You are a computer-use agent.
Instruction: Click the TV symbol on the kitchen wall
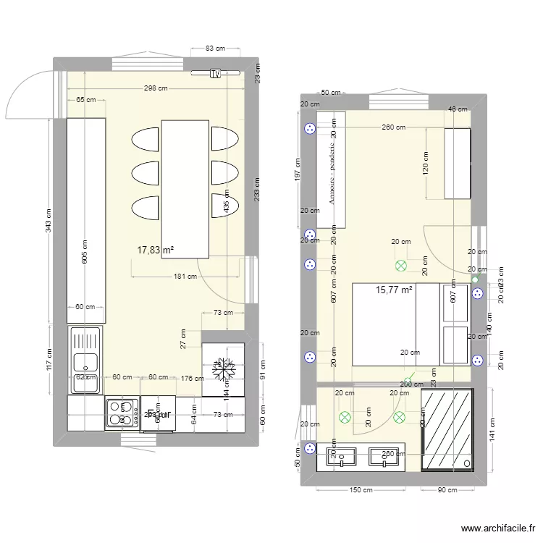(215, 73)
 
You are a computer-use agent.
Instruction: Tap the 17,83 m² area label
(156, 250)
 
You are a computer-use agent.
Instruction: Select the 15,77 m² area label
(394, 290)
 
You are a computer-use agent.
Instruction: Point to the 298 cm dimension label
(155, 88)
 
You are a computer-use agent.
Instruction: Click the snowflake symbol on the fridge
(223, 369)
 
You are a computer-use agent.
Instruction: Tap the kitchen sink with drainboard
(85, 359)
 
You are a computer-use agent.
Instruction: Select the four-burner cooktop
(122, 414)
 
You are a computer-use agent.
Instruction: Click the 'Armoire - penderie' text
(332, 172)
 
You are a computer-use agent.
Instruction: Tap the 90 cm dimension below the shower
(447, 490)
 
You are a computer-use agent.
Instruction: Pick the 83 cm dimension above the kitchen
(215, 49)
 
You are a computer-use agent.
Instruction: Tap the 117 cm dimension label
(49, 360)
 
